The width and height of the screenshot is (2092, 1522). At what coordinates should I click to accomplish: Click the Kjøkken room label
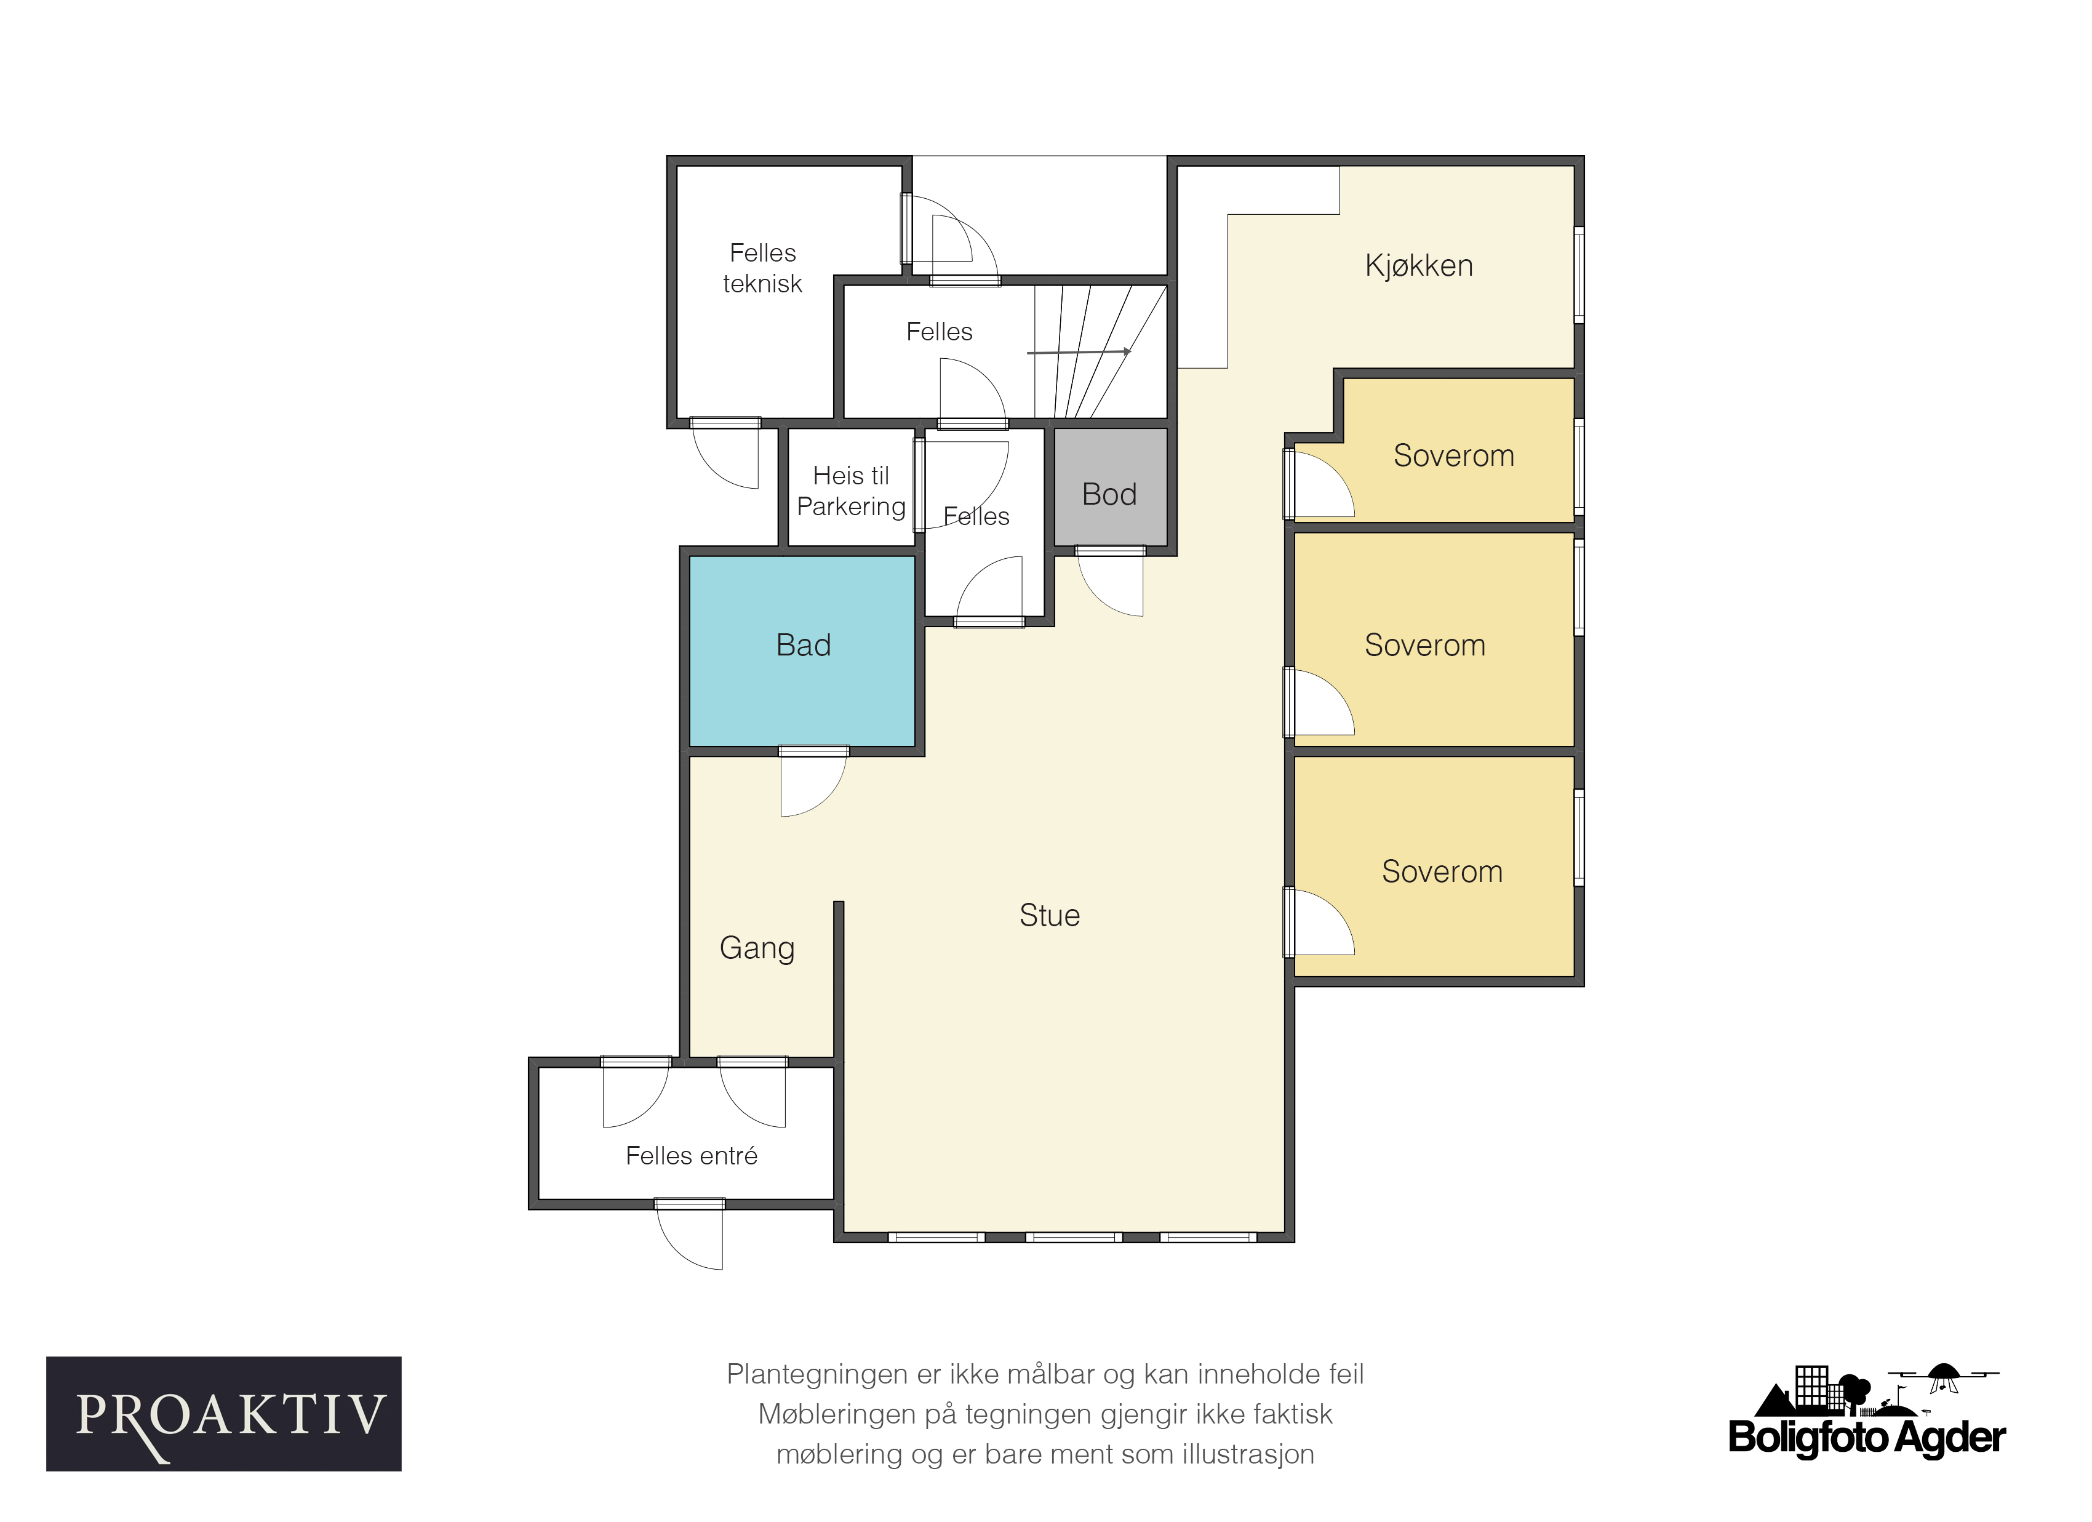(x=1419, y=266)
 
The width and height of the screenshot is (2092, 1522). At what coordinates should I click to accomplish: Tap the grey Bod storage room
(x=1111, y=486)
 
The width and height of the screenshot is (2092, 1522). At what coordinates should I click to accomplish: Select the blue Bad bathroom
(x=802, y=651)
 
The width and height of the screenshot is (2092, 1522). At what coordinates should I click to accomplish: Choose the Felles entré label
(x=692, y=1156)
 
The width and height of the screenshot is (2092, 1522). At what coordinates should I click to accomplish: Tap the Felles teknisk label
(x=763, y=268)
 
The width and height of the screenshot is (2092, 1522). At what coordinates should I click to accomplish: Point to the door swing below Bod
(x=1111, y=585)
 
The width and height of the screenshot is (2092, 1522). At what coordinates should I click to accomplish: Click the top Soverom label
(x=1454, y=455)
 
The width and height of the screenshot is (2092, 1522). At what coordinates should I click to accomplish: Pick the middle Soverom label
(x=1425, y=645)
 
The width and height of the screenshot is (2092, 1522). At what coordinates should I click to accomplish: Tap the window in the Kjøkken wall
(x=1579, y=275)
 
